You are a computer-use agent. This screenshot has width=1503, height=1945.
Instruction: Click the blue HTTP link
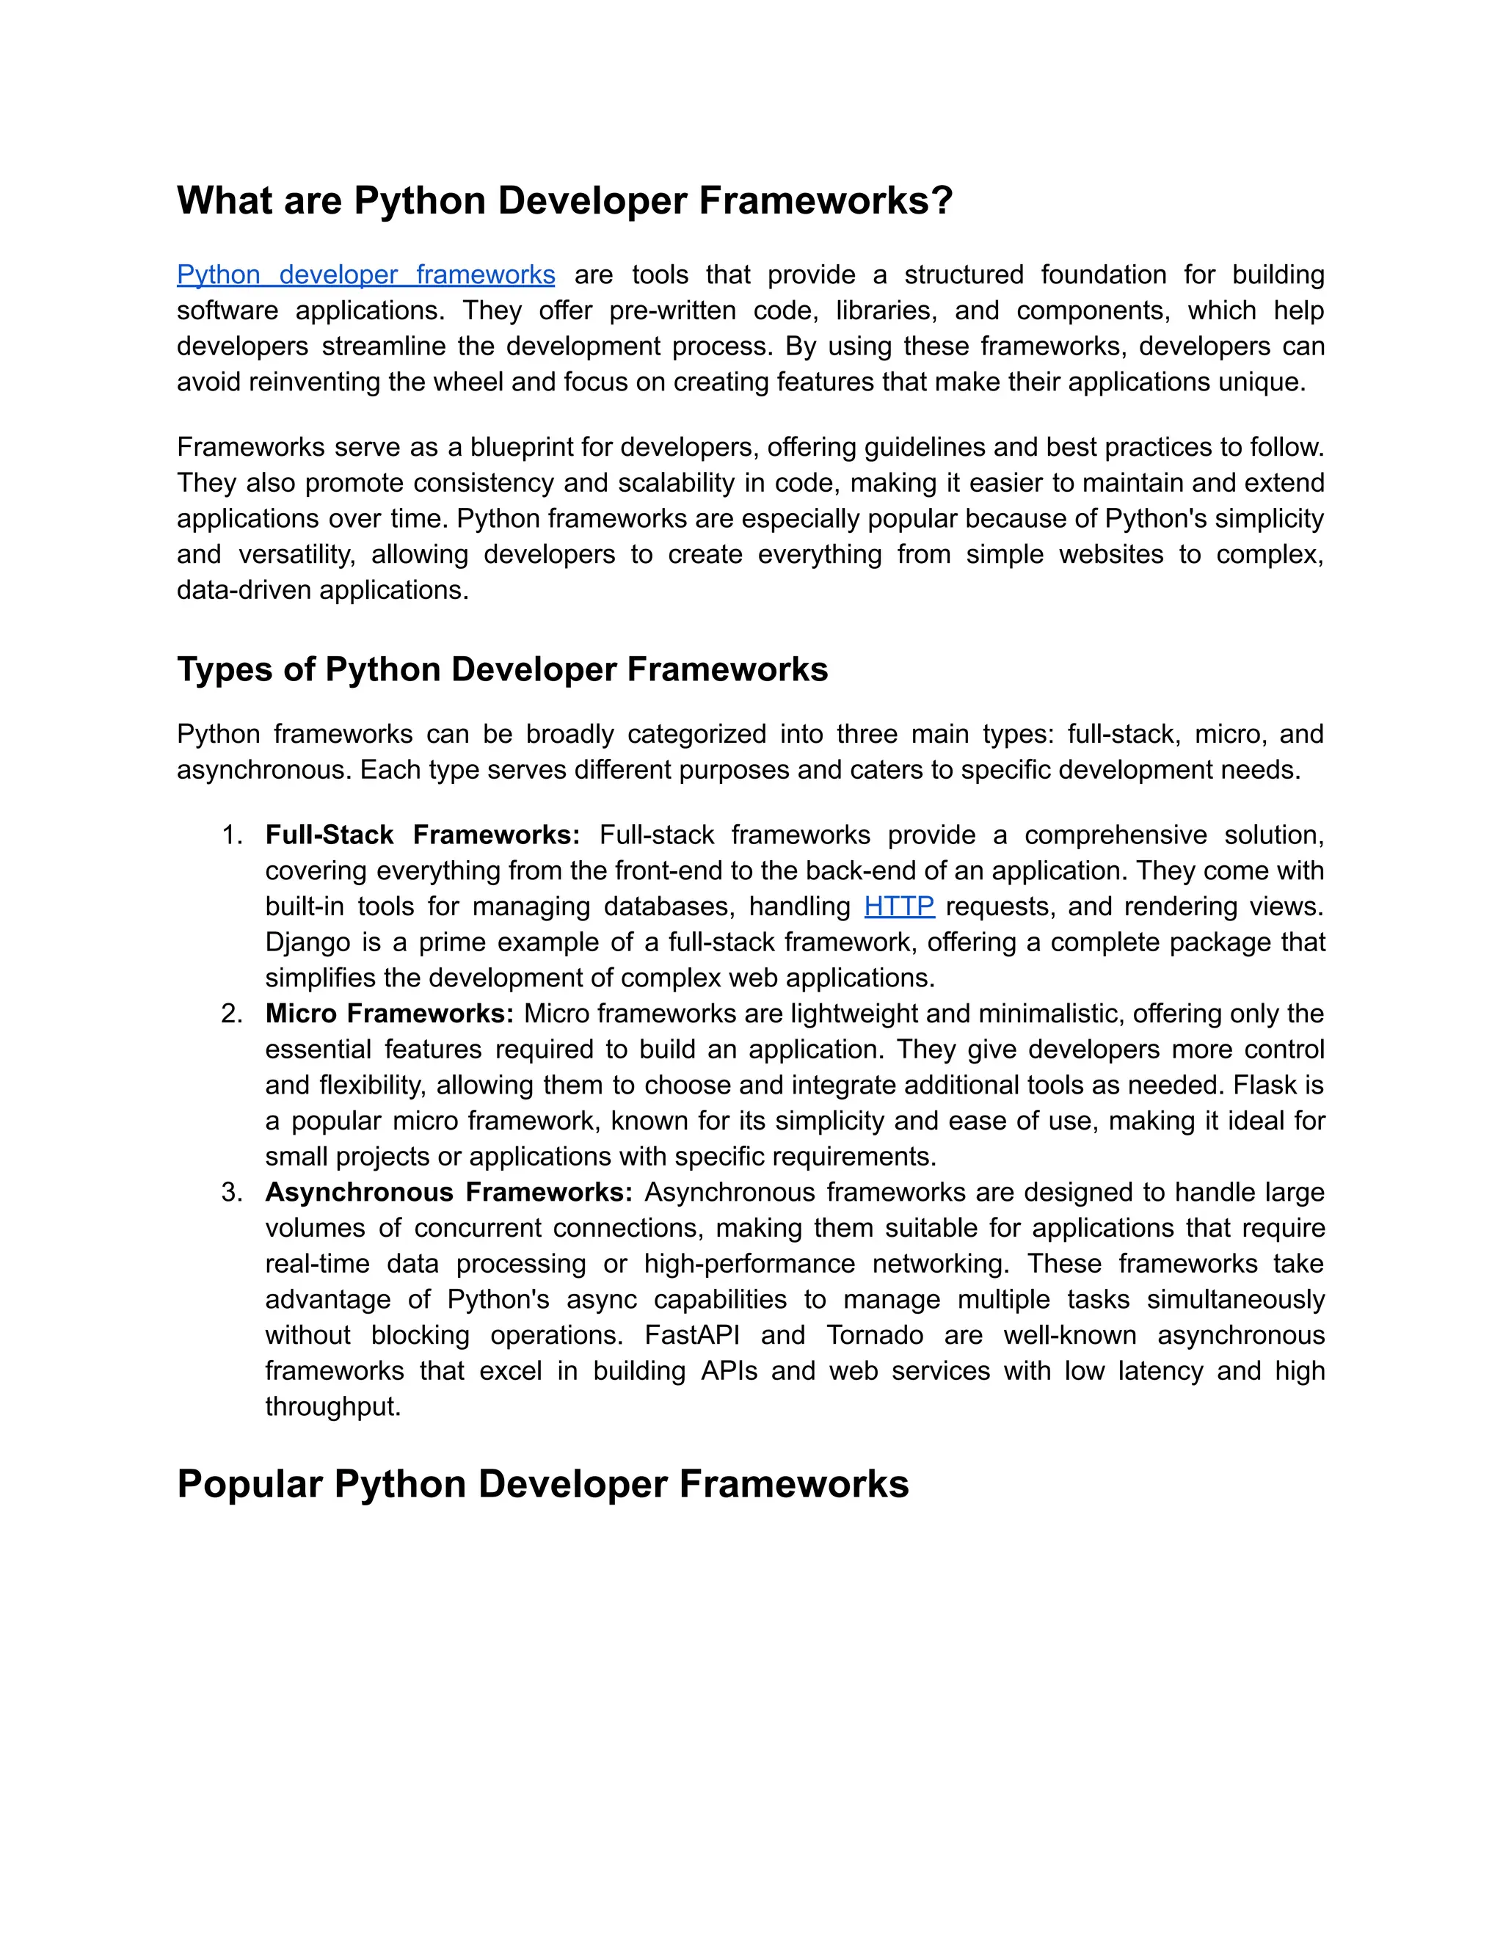(x=898, y=906)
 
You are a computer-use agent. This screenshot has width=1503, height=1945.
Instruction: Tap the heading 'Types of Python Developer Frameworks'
(x=502, y=669)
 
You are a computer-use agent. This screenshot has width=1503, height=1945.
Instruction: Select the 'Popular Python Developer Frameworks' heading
(x=542, y=1483)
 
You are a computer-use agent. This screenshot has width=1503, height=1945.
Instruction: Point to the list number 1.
(x=231, y=835)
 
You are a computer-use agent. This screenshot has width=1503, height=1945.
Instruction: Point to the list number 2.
(x=231, y=1014)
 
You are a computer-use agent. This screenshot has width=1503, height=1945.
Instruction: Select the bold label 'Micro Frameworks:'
(x=389, y=1014)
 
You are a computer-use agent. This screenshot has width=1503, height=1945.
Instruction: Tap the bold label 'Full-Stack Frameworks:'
(x=422, y=835)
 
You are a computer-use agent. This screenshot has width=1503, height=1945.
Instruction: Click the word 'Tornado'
(x=874, y=1335)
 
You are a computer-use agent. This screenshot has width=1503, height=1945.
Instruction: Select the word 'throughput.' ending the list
(x=333, y=1406)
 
